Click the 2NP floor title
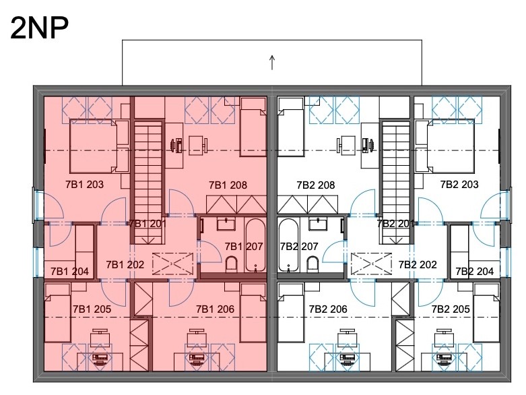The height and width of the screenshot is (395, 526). point(40,28)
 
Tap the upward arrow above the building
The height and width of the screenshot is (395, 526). point(272,63)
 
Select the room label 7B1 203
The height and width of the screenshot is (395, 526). point(85,184)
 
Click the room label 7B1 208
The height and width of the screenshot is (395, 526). point(228,185)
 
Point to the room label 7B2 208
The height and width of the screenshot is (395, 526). point(316,185)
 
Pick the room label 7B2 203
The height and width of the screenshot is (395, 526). point(459,184)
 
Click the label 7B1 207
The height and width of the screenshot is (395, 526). point(244,246)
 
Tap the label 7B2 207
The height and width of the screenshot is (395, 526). point(299,246)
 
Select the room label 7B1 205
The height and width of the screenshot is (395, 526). point(92,309)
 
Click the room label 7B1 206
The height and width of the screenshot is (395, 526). point(215,309)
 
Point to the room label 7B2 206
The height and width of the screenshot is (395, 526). point(328,309)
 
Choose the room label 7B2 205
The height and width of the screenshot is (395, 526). point(451,309)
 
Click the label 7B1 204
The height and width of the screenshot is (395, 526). point(69,271)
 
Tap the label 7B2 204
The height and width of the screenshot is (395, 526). point(475,271)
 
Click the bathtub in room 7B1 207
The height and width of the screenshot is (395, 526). point(256,245)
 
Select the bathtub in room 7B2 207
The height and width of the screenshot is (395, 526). point(288,245)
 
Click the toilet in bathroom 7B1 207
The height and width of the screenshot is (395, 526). point(231,264)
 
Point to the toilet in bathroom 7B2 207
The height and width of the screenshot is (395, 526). point(313,264)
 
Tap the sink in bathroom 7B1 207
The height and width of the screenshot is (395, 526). point(226,224)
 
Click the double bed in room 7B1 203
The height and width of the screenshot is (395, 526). point(93,146)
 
